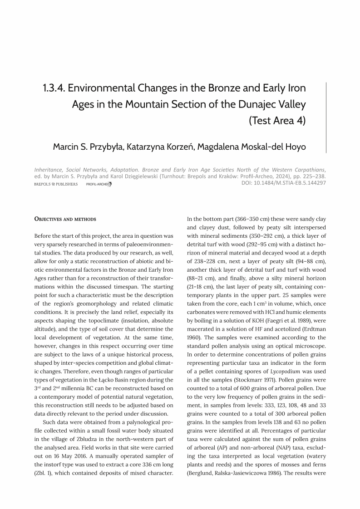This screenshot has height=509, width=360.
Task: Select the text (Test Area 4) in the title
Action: [277, 121]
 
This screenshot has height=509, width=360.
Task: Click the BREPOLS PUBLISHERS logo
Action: [56, 184]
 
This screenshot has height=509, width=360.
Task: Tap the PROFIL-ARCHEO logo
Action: [99, 184]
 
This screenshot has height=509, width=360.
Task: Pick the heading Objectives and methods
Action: [65, 219]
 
